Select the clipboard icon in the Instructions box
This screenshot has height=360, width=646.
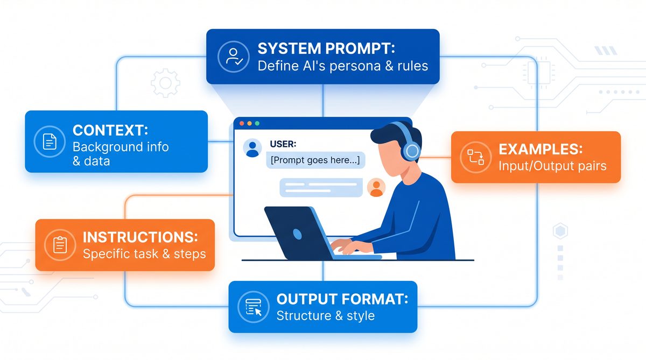point(59,245)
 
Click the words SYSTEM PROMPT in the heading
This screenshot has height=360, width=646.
point(326,48)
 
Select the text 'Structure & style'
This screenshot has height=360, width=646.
point(325,315)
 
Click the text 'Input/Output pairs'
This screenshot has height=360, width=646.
point(552,165)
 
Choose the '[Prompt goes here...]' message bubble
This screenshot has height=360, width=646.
point(316,160)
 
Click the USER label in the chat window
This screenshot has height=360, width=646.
point(282,144)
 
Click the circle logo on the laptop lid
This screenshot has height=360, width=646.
point(297,233)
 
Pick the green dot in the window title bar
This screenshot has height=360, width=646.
point(257,123)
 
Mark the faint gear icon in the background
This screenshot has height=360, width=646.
point(165,83)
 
